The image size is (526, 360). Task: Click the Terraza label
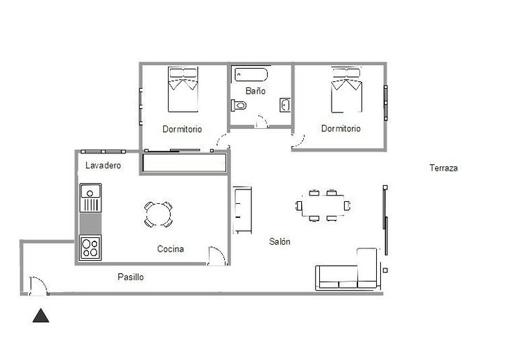443,168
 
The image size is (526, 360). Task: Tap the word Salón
280,241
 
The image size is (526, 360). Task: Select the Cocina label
171,249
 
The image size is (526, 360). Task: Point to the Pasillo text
130,277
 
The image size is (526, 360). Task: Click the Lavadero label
103,165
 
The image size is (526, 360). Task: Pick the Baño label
255,91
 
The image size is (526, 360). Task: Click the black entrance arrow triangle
41,316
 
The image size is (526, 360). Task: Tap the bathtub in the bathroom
251,74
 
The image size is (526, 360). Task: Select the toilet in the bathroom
239,105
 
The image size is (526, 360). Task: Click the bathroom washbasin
285,105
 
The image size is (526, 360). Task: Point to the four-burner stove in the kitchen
90,248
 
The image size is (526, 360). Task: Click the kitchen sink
90,198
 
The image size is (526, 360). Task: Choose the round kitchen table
158,214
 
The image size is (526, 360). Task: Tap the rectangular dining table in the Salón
323,205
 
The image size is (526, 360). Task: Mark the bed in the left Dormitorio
183,89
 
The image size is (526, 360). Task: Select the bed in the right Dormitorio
346,90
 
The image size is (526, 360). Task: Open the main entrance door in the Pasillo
38,286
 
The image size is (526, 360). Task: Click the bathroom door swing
262,121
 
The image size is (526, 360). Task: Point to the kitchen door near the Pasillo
217,256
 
